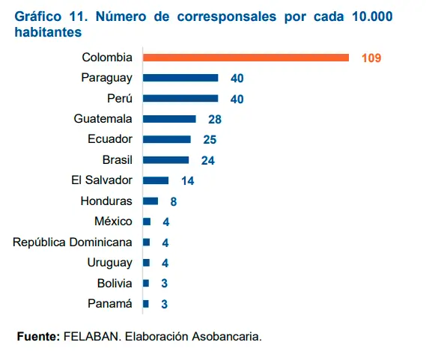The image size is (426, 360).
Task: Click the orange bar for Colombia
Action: (x=246, y=58)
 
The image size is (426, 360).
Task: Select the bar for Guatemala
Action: (x=169, y=119)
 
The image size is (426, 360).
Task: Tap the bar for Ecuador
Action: (x=167, y=139)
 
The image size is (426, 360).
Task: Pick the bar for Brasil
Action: (x=166, y=159)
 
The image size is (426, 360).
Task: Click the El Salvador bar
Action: (x=156, y=180)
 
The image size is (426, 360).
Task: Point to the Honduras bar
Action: (x=150, y=201)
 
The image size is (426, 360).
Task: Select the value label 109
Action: (x=371, y=58)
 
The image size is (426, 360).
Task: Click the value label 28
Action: (x=215, y=119)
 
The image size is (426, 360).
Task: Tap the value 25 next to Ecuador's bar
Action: (x=210, y=139)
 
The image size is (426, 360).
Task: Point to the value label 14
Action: (x=187, y=180)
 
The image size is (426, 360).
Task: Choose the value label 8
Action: (x=173, y=201)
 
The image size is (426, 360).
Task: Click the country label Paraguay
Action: (x=106, y=78)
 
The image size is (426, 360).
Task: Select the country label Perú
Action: (x=120, y=98)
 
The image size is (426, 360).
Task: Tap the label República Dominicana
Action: (x=73, y=242)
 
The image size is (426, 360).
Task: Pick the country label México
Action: (x=113, y=222)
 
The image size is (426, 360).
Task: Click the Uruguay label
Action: (x=111, y=263)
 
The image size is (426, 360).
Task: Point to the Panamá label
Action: (x=110, y=303)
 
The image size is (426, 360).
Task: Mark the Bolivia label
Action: (x=115, y=283)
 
